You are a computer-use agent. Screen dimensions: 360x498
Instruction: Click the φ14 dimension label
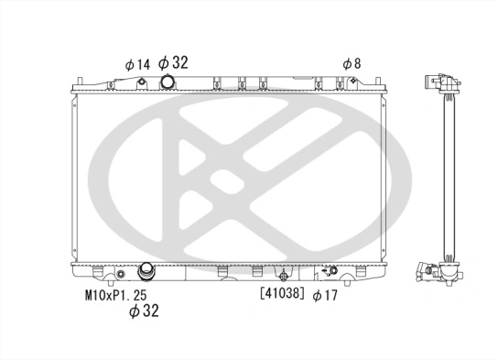point(136,64)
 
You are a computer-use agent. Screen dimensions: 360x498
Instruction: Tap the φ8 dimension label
point(352,63)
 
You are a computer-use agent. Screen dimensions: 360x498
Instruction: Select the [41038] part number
point(281,294)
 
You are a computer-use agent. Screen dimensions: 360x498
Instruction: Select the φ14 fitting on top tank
point(143,83)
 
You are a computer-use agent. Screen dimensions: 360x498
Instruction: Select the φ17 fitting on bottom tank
point(331,271)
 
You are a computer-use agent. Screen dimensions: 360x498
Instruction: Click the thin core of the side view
point(448,174)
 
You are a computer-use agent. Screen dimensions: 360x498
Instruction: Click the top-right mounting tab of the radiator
point(375,84)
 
